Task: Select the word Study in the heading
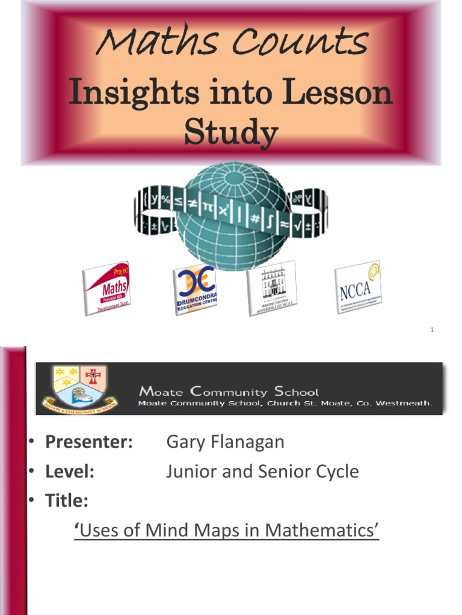231,133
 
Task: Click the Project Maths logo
106,289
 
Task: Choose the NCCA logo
358,288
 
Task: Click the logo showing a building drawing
272,288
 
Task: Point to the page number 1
432,330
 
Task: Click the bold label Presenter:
89,443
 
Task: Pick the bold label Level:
70,472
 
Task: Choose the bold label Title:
67,501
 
